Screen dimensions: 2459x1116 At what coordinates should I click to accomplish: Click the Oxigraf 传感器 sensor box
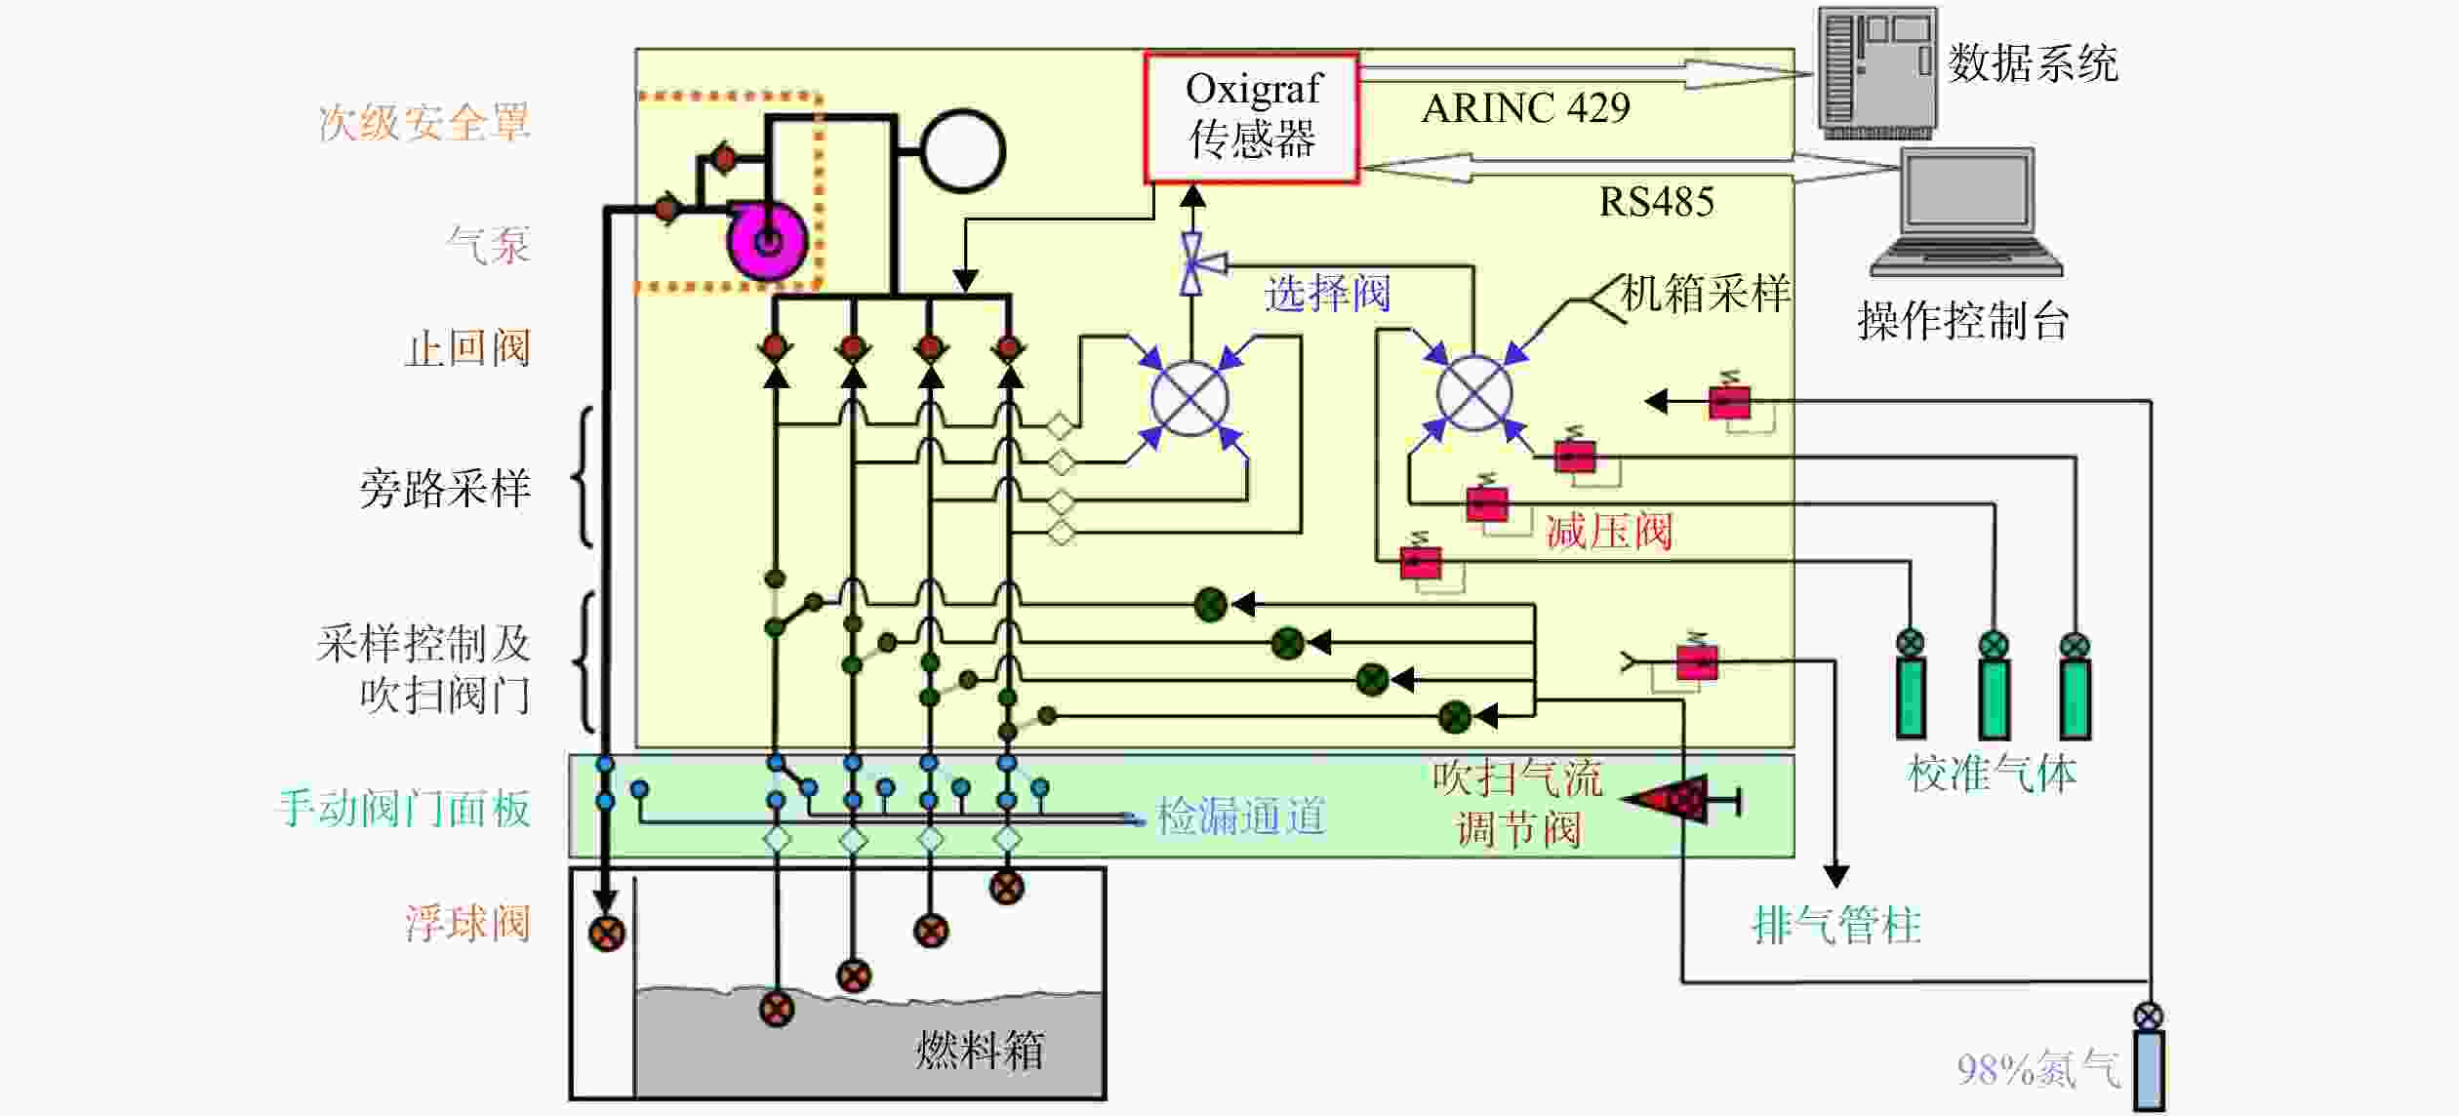[x=1251, y=117]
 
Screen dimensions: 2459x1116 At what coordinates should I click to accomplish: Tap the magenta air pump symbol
[x=768, y=239]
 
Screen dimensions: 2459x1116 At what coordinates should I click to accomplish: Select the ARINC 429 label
[x=1525, y=107]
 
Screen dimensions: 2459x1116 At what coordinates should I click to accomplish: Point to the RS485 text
[x=1656, y=202]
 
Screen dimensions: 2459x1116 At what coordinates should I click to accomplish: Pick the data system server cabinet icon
[x=1877, y=72]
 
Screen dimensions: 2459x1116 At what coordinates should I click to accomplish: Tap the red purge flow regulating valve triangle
[x=1671, y=800]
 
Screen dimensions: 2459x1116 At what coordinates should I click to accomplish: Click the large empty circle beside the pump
[x=962, y=150]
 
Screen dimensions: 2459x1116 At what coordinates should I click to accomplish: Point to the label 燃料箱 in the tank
[x=979, y=1051]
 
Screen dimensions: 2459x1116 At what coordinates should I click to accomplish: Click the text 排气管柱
[x=1836, y=925]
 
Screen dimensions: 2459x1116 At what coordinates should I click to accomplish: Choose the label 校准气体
[x=1992, y=775]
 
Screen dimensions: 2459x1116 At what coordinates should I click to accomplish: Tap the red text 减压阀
[x=1609, y=532]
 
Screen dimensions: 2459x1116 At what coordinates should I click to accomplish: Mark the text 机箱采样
[x=1705, y=294]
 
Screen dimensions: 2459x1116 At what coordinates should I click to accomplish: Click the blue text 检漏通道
[x=1241, y=816]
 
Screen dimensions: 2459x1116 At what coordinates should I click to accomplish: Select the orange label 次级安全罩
[x=423, y=124]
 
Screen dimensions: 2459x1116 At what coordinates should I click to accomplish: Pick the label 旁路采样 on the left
[x=445, y=489]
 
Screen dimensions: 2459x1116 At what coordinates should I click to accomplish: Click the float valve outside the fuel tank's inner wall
[x=606, y=933]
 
